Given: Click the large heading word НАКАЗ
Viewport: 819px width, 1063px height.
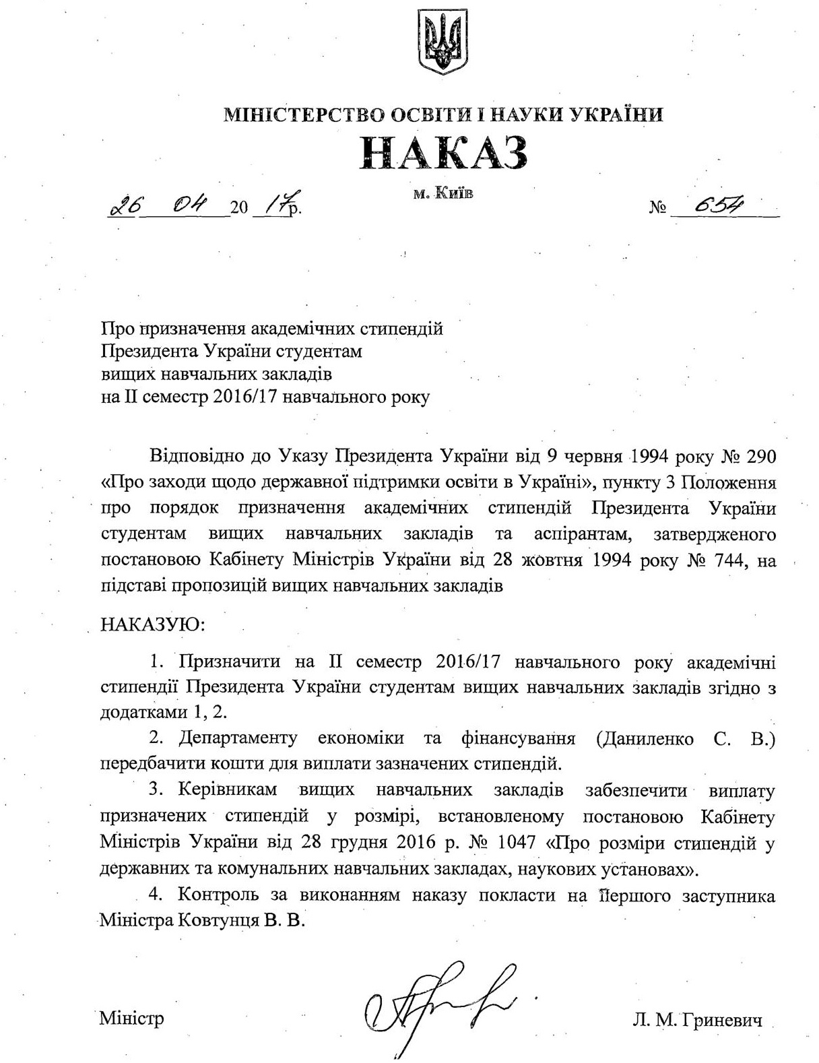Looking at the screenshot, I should pyautogui.click(x=443, y=154).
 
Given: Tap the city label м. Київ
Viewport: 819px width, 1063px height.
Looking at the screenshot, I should pyautogui.click(x=443, y=194).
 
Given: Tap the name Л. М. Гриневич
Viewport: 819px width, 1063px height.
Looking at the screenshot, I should pyautogui.click(x=698, y=1021).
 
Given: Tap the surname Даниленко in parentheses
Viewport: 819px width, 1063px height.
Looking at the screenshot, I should pyautogui.click(x=653, y=738).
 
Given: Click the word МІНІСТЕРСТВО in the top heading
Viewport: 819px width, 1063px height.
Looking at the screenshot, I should pyautogui.click(x=304, y=115).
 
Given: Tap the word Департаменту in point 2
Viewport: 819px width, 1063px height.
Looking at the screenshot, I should pyautogui.click(x=238, y=738).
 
